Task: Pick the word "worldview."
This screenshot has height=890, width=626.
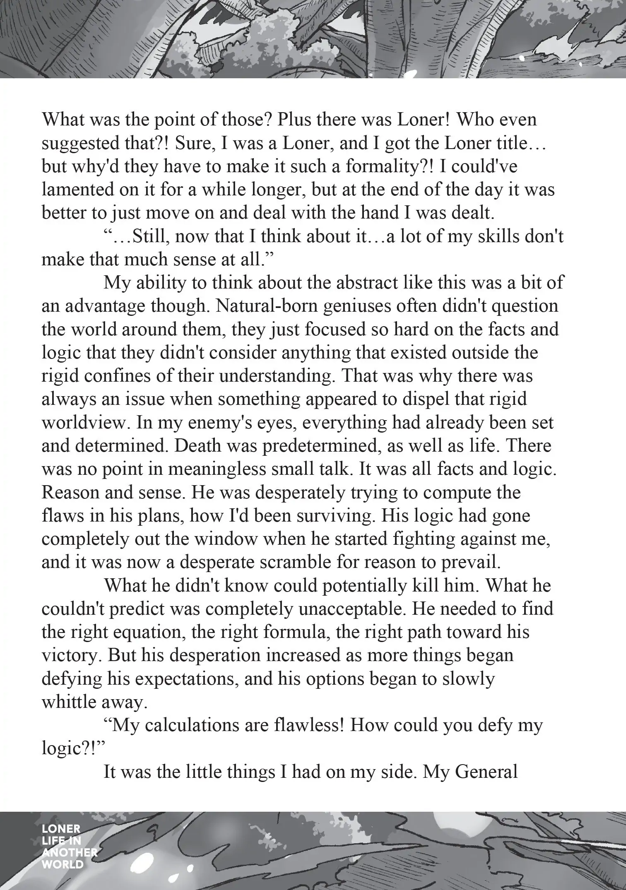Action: click(84, 423)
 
